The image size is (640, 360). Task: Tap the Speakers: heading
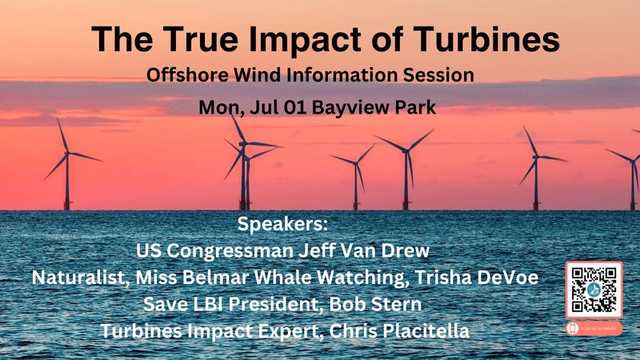(283, 222)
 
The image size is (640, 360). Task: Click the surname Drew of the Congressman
(406, 251)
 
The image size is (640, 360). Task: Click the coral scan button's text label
(598, 329)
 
